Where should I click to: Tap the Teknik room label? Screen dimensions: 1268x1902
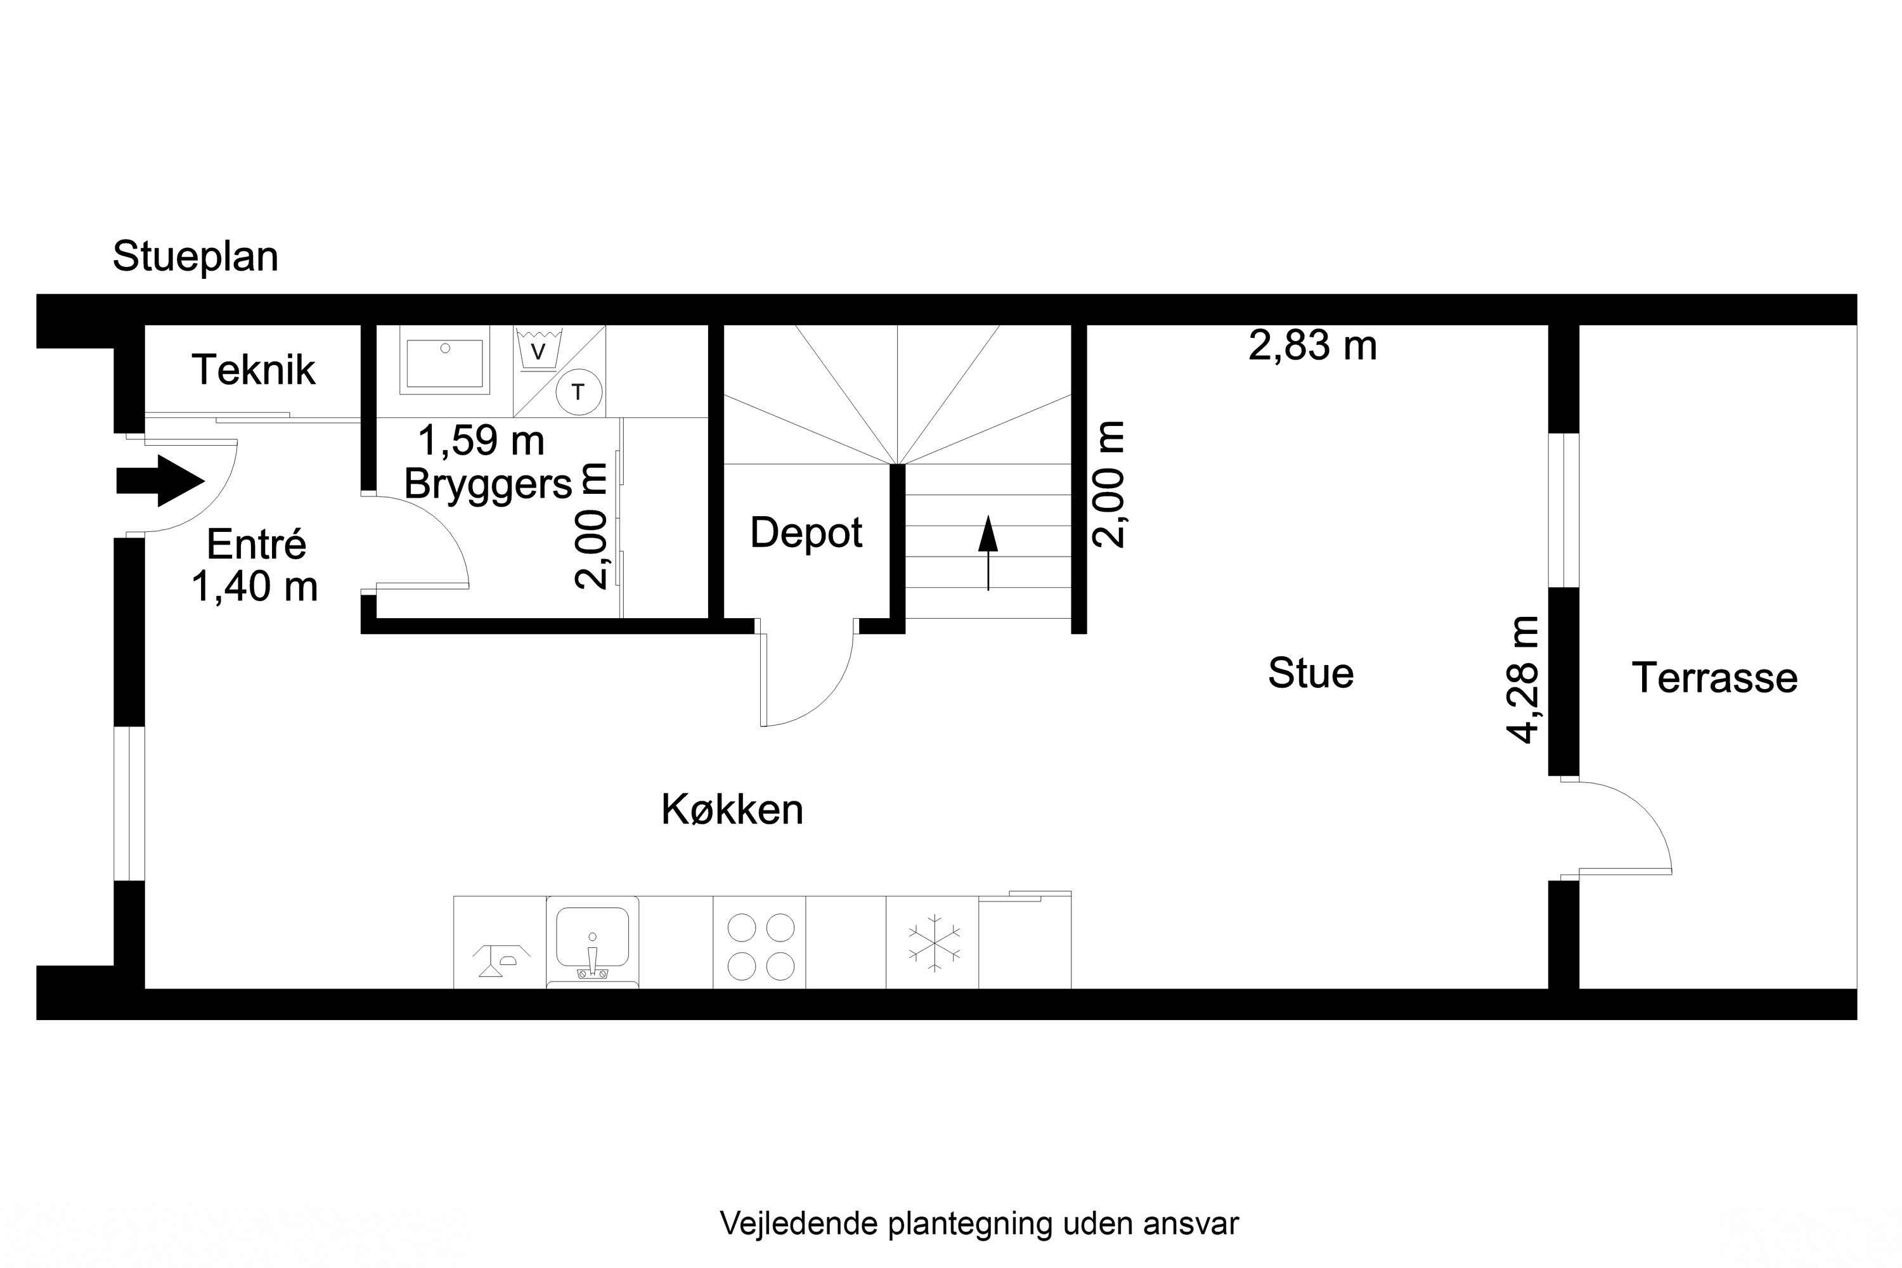click(253, 370)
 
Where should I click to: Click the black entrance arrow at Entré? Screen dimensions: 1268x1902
click(160, 481)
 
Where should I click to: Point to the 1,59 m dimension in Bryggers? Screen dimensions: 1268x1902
click(481, 441)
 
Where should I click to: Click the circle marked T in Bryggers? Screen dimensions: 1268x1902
click(579, 392)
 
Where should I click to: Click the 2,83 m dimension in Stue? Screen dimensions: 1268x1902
click(1312, 346)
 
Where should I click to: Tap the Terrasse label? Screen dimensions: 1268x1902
click(1714, 678)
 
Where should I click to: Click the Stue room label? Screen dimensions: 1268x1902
click(1310, 673)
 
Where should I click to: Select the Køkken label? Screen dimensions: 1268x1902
click(732, 810)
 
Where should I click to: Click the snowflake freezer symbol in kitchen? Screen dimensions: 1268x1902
click(934, 943)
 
